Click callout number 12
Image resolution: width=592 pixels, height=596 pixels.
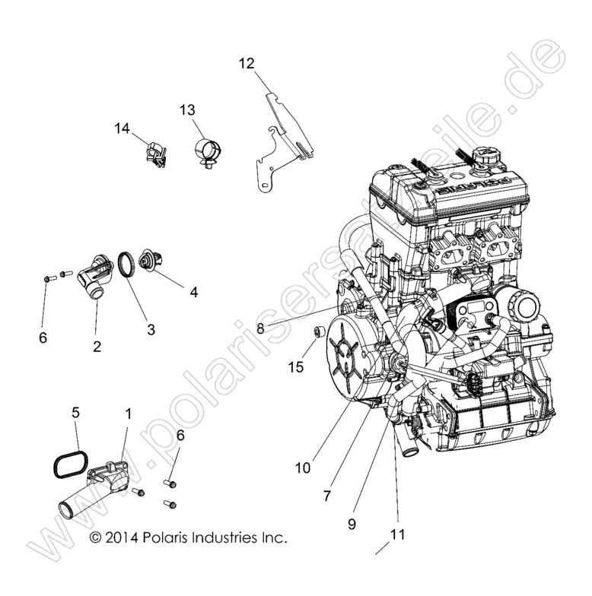point(246,63)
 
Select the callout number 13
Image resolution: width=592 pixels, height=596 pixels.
point(187,110)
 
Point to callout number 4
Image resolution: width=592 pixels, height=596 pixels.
point(194,292)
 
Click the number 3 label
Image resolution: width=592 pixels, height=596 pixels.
point(151,329)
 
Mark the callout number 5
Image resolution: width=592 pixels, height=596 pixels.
point(75,412)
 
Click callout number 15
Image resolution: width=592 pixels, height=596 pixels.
point(295,367)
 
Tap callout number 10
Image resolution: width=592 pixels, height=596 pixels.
point(303,468)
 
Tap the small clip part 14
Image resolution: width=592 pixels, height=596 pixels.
point(154,155)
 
